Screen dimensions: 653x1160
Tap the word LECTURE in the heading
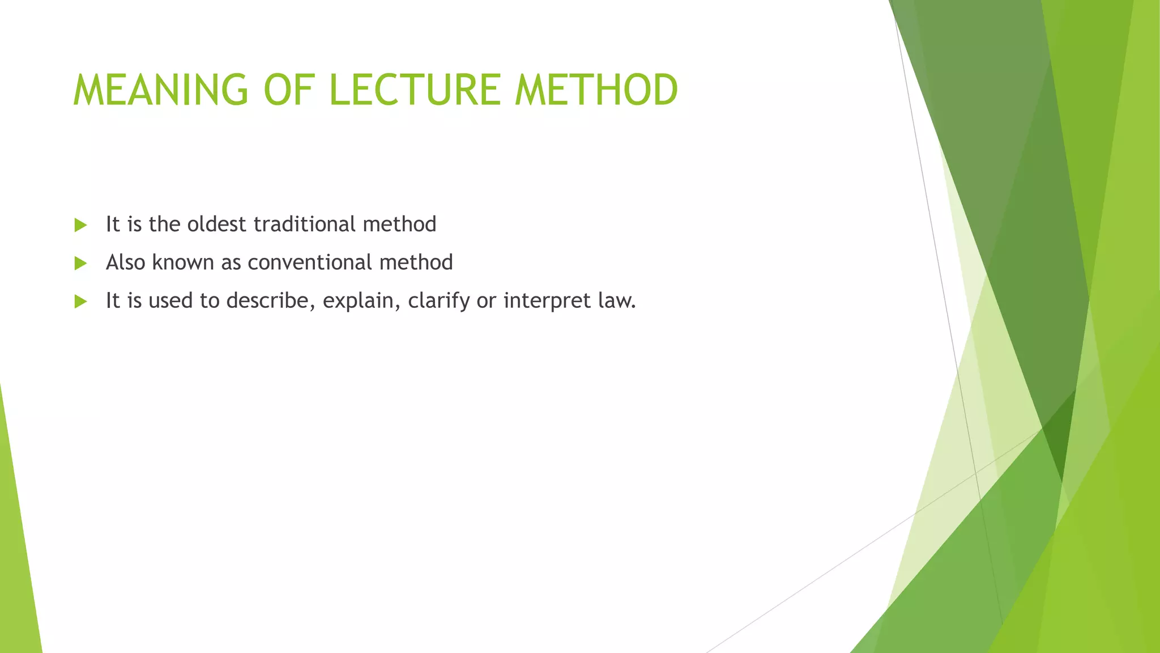point(415,90)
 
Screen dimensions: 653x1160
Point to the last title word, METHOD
point(596,90)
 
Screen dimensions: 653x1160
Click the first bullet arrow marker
point(80,225)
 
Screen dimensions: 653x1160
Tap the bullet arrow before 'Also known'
point(80,263)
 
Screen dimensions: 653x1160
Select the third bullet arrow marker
point(80,301)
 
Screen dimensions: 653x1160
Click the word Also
point(126,262)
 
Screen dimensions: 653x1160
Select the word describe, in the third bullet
point(271,300)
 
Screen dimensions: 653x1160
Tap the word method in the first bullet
point(399,224)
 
